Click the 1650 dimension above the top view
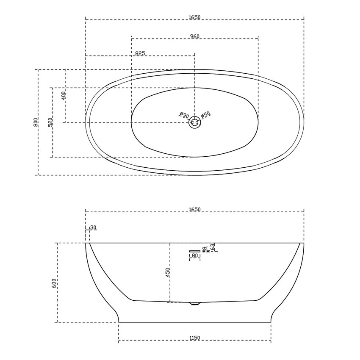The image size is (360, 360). click(195, 17)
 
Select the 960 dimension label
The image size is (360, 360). click(195, 36)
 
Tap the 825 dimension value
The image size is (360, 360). click(140, 53)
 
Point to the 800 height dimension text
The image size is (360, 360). click(36, 122)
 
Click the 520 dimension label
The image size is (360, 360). click(50, 122)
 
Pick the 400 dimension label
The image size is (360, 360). click(64, 95)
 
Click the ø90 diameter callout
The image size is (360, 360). click(184, 115)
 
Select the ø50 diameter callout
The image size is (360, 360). click(206, 115)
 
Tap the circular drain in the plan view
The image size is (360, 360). click(195, 122)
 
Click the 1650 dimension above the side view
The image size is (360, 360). click(195, 210)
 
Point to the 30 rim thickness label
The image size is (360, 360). click(93, 228)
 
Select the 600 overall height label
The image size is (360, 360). click(54, 283)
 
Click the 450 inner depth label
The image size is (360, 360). click(168, 272)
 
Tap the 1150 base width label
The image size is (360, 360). click(195, 338)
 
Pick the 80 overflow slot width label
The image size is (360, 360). click(195, 256)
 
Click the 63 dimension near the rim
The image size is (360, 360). click(213, 246)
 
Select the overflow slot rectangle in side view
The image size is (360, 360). click(195, 251)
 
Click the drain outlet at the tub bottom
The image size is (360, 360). click(195, 303)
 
